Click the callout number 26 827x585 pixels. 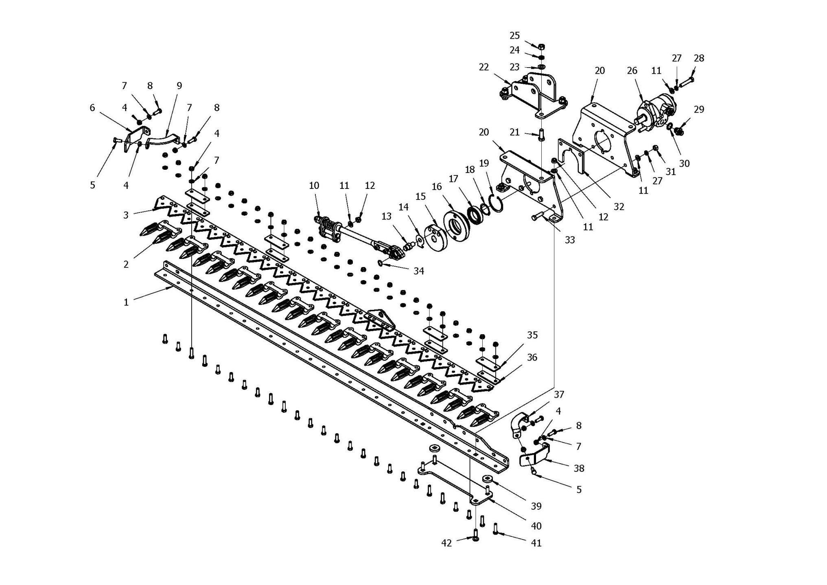click(x=632, y=71)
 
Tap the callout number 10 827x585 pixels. click(x=314, y=186)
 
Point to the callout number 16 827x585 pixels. click(x=437, y=187)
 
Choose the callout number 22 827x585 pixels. click(x=484, y=67)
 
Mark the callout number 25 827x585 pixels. click(x=515, y=36)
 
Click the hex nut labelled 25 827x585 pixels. click(x=541, y=46)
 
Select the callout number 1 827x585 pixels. click(x=126, y=302)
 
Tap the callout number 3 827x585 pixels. click(x=126, y=215)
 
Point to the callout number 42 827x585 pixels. click(x=446, y=543)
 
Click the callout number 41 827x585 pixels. click(x=536, y=543)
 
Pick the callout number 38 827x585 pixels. click(x=579, y=469)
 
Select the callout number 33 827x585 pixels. click(x=570, y=240)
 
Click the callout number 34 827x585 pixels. click(x=419, y=271)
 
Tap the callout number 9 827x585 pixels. click(x=179, y=86)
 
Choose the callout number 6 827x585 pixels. click(x=92, y=107)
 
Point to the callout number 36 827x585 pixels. click(x=532, y=357)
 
